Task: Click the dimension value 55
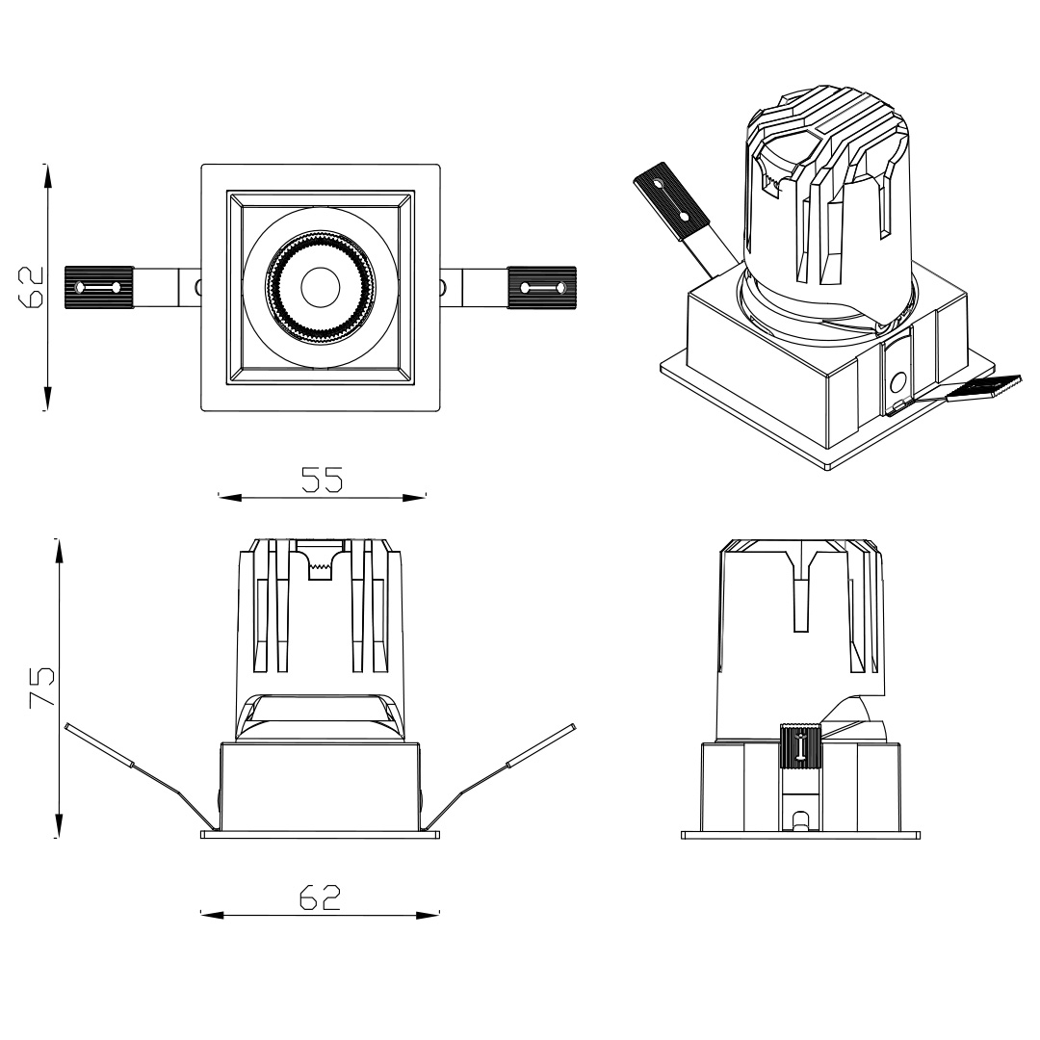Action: tap(322, 480)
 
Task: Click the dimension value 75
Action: tap(40, 686)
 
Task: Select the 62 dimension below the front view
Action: tap(320, 897)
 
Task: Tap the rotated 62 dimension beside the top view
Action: tap(33, 286)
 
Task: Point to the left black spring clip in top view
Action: tap(98, 287)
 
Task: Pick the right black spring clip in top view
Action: tap(540, 287)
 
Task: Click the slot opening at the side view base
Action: tap(799, 821)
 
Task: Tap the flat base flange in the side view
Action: tap(799, 835)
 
